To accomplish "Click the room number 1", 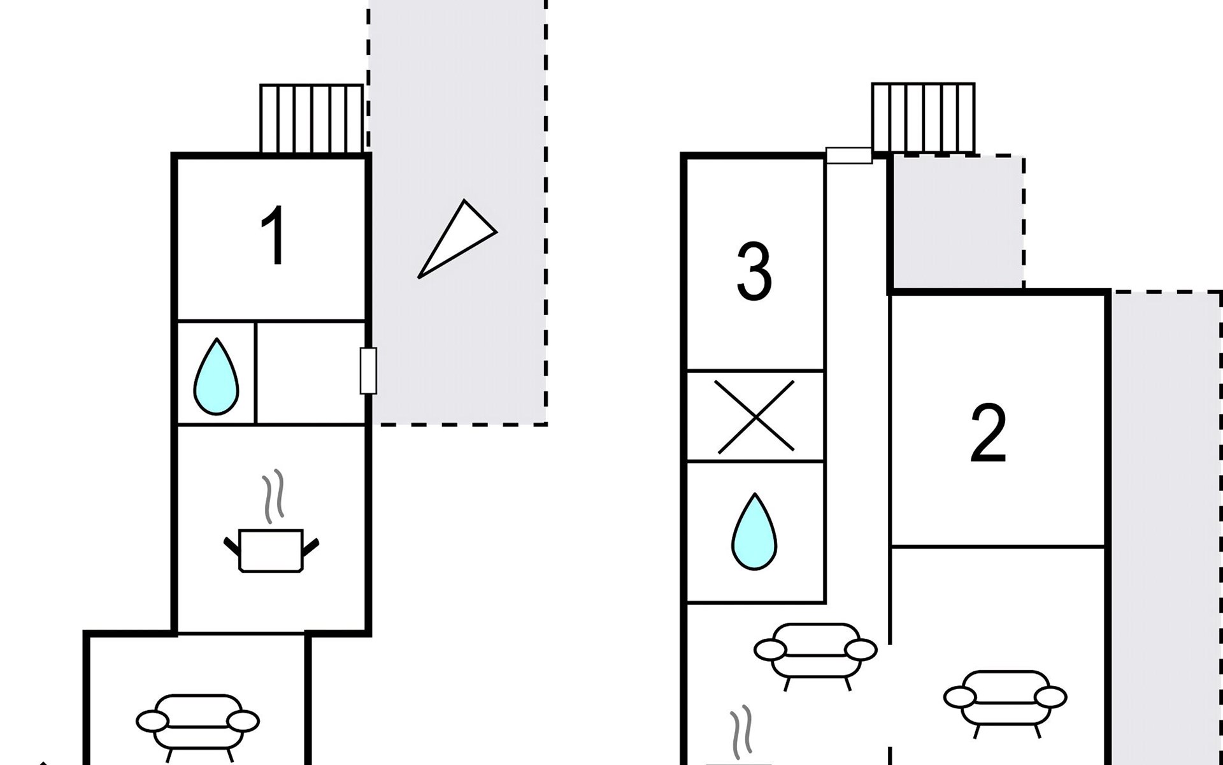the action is click(274, 235).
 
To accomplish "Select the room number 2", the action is click(988, 433).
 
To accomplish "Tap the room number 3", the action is click(754, 271).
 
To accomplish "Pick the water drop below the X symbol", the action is click(755, 531).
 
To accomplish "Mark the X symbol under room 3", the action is click(755, 416).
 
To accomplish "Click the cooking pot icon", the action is click(271, 550).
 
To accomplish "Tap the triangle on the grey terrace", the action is click(457, 238).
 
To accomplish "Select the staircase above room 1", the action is click(312, 119).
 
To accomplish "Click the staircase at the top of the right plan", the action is click(923, 118).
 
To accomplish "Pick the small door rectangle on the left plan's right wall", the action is click(368, 370).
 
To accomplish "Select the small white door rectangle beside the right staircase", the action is click(849, 156).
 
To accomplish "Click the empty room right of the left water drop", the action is click(310, 373).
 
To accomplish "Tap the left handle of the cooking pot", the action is click(232, 546).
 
